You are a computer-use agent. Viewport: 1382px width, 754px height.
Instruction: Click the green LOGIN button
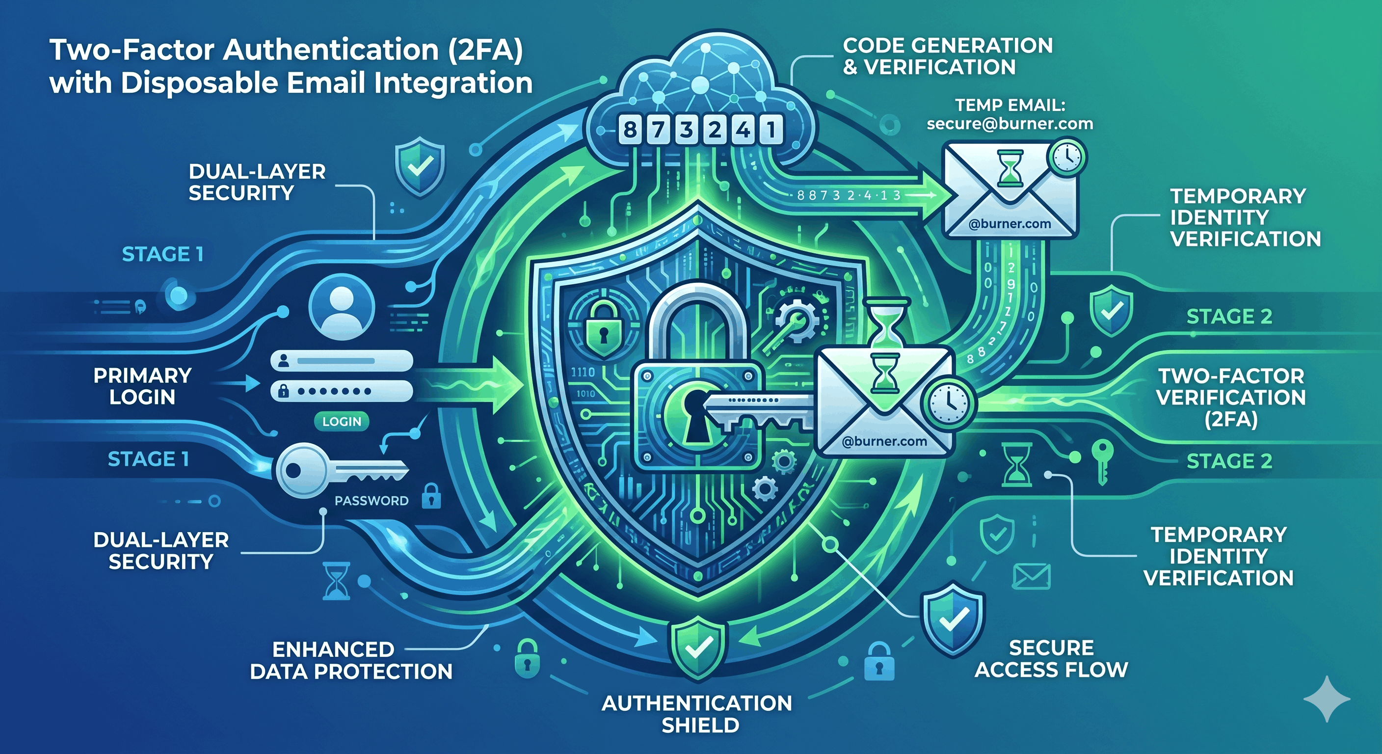click(342, 421)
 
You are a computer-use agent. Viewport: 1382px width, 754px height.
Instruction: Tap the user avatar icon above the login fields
click(342, 307)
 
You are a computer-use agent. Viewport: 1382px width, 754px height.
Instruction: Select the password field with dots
click(342, 391)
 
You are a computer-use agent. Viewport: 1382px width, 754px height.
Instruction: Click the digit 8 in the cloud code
click(630, 130)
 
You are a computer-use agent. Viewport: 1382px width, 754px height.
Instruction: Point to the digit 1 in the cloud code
click(771, 130)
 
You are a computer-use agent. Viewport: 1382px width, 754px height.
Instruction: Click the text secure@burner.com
click(1010, 124)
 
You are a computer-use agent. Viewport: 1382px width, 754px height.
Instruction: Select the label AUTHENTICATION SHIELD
click(697, 714)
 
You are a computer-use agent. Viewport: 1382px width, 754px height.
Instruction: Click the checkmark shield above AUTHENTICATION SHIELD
click(697, 646)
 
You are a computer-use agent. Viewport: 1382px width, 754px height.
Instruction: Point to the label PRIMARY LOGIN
click(142, 386)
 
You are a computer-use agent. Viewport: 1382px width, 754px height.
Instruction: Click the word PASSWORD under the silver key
click(371, 501)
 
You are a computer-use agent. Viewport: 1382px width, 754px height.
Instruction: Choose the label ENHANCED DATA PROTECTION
click(351, 660)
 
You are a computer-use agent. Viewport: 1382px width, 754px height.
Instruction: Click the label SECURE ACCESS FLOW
click(1051, 658)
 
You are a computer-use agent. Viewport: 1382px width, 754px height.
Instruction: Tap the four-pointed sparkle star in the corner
click(1327, 699)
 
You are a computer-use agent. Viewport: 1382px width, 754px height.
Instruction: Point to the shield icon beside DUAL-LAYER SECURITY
click(420, 167)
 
